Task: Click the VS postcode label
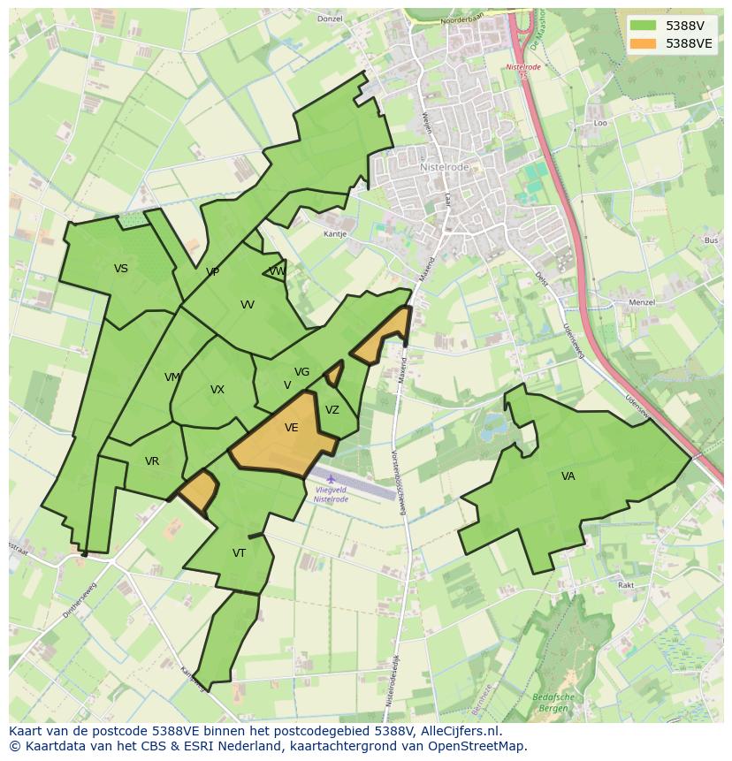coord(121,269)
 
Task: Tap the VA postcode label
coord(568,476)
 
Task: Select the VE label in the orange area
coord(291,428)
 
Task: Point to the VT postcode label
coord(239,553)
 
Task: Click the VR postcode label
coord(152,461)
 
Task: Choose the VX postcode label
coord(217,390)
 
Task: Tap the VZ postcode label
coord(332,410)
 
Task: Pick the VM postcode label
coord(172,377)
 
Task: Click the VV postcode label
coord(248,305)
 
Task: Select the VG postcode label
coord(302,372)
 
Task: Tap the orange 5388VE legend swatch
coord(643,43)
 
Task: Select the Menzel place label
coord(642,302)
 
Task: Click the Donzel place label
coord(330,19)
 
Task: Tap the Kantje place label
coord(335,234)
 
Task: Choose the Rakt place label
coord(626,585)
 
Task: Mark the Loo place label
coord(601,124)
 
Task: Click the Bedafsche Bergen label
coord(553,703)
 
